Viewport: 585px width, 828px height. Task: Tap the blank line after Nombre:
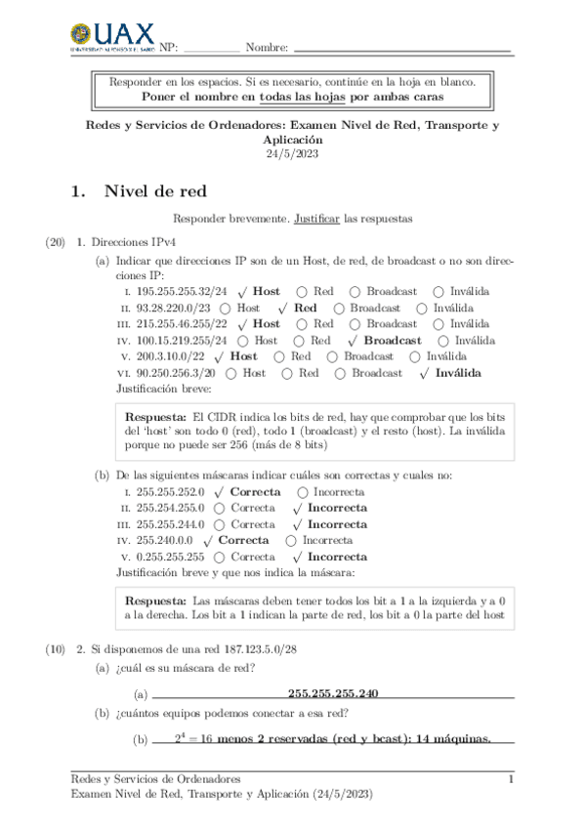pyautogui.click(x=401, y=48)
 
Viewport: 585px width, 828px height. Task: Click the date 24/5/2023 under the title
pyautogui.click(x=292, y=153)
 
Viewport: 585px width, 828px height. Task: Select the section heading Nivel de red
pyautogui.click(x=154, y=191)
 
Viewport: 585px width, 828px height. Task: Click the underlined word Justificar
pyautogui.click(x=316, y=219)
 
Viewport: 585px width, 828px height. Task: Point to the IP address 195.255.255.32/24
pyautogui.click(x=182, y=291)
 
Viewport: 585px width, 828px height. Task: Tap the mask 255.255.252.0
pyautogui.click(x=170, y=492)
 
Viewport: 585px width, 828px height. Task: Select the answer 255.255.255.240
pyautogui.click(x=333, y=693)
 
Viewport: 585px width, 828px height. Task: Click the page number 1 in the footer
pyautogui.click(x=511, y=779)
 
